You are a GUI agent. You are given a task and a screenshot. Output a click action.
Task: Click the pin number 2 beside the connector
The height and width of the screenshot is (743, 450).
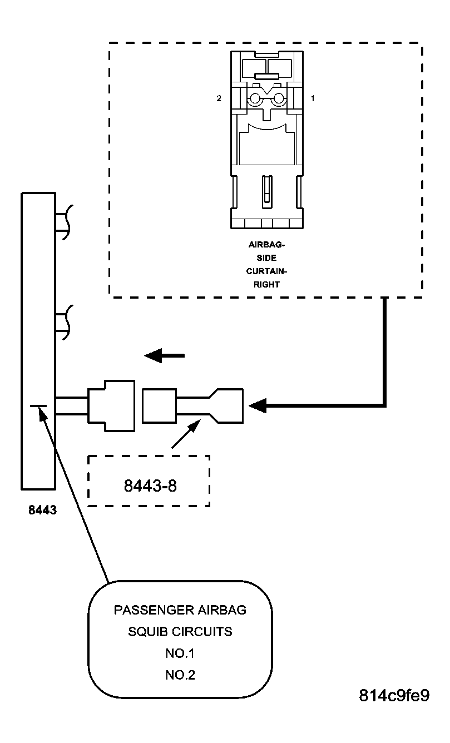pyautogui.click(x=219, y=98)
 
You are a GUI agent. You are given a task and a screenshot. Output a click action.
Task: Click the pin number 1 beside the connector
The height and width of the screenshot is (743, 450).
pyautogui.click(x=313, y=98)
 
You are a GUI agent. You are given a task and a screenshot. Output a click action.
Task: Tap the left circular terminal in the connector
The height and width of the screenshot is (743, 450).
pyautogui.click(x=255, y=99)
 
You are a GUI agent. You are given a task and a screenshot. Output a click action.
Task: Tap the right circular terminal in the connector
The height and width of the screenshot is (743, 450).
pyautogui.click(x=278, y=99)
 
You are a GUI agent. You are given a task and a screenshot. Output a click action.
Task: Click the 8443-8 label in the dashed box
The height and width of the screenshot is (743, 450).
pyautogui.click(x=149, y=486)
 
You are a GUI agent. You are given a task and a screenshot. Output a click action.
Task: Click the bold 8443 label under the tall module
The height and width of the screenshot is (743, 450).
pyautogui.click(x=42, y=509)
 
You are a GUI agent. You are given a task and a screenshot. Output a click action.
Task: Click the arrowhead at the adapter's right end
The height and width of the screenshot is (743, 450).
pyautogui.click(x=258, y=406)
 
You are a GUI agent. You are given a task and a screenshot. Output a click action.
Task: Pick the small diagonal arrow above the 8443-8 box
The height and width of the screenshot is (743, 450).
pyautogui.click(x=186, y=434)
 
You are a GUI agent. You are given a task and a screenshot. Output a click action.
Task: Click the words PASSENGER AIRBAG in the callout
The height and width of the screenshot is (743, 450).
pyautogui.click(x=180, y=610)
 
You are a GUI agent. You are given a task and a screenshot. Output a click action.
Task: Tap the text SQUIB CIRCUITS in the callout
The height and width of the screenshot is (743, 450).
pyautogui.click(x=180, y=632)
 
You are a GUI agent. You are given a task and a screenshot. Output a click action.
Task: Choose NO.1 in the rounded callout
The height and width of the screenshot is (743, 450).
pyautogui.click(x=180, y=653)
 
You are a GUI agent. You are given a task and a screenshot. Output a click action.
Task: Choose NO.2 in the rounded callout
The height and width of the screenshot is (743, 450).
pyautogui.click(x=180, y=675)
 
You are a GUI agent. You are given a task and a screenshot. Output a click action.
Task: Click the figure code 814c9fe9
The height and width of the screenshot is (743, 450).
pyautogui.click(x=394, y=696)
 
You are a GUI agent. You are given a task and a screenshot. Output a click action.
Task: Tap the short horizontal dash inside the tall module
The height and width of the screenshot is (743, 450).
pyautogui.click(x=38, y=407)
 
